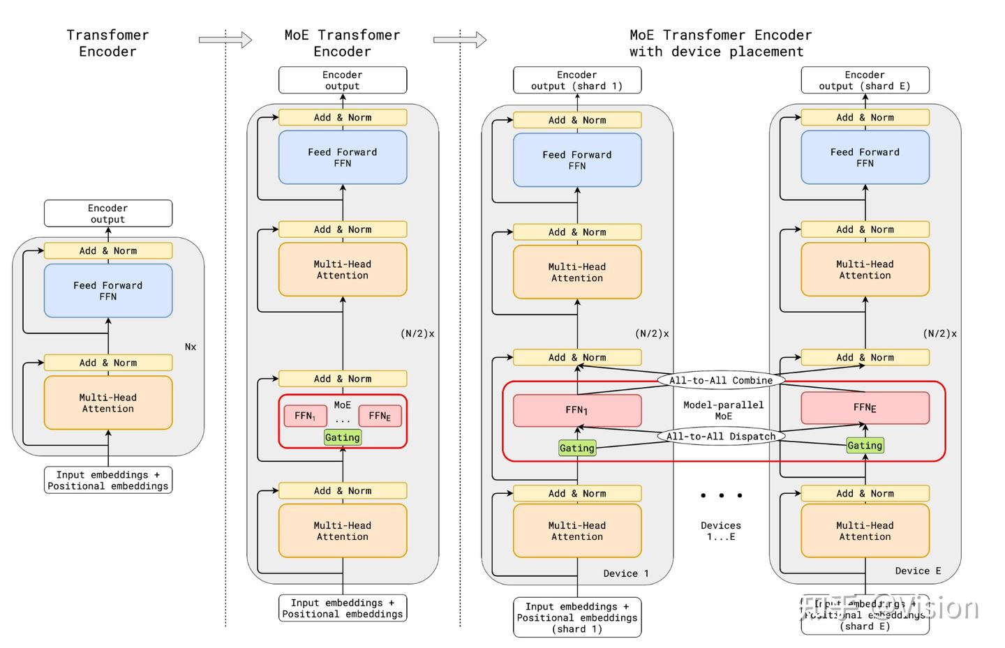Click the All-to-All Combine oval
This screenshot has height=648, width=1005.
(721, 380)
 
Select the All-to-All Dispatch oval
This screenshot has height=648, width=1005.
(721, 437)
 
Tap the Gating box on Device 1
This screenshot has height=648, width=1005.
(576, 448)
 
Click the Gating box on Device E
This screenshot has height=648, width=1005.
(865, 445)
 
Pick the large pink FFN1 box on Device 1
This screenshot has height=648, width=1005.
(577, 410)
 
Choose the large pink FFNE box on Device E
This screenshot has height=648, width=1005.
(865, 407)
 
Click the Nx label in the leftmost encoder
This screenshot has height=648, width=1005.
(191, 347)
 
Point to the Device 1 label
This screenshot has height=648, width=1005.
(626, 573)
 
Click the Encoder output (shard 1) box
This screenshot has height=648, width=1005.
(577, 80)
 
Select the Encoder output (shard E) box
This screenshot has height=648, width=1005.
(865, 80)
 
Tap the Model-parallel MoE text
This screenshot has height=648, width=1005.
(723, 410)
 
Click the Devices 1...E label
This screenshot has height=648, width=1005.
(721, 531)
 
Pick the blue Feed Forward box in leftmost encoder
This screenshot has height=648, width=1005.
(108, 291)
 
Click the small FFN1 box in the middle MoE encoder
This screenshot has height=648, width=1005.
(305, 416)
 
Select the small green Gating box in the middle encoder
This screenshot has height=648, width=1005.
(343, 437)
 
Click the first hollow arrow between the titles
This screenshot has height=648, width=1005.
(225, 40)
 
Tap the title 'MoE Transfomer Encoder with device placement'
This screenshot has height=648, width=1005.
(720, 43)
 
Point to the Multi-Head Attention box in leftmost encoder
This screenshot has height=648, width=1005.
(108, 403)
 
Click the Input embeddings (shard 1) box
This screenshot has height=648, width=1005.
(577, 617)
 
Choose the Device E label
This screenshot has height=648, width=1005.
(918, 571)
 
